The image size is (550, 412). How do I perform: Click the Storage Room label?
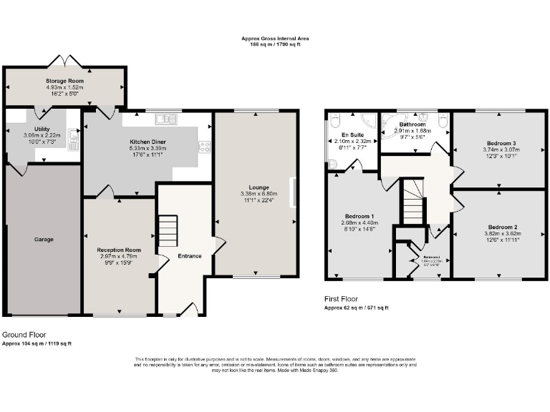(x=65, y=82)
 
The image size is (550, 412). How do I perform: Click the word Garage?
(x=44, y=239)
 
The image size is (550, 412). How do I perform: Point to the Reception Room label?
(x=119, y=250)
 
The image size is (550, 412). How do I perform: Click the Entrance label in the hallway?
(x=189, y=256)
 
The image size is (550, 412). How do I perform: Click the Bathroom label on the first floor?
(x=412, y=124)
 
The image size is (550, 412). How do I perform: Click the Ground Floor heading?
(x=25, y=334)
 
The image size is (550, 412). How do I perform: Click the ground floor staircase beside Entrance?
(x=167, y=231)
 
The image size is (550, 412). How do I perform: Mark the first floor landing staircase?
(x=412, y=202)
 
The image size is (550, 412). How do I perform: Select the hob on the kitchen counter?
(x=204, y=147)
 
